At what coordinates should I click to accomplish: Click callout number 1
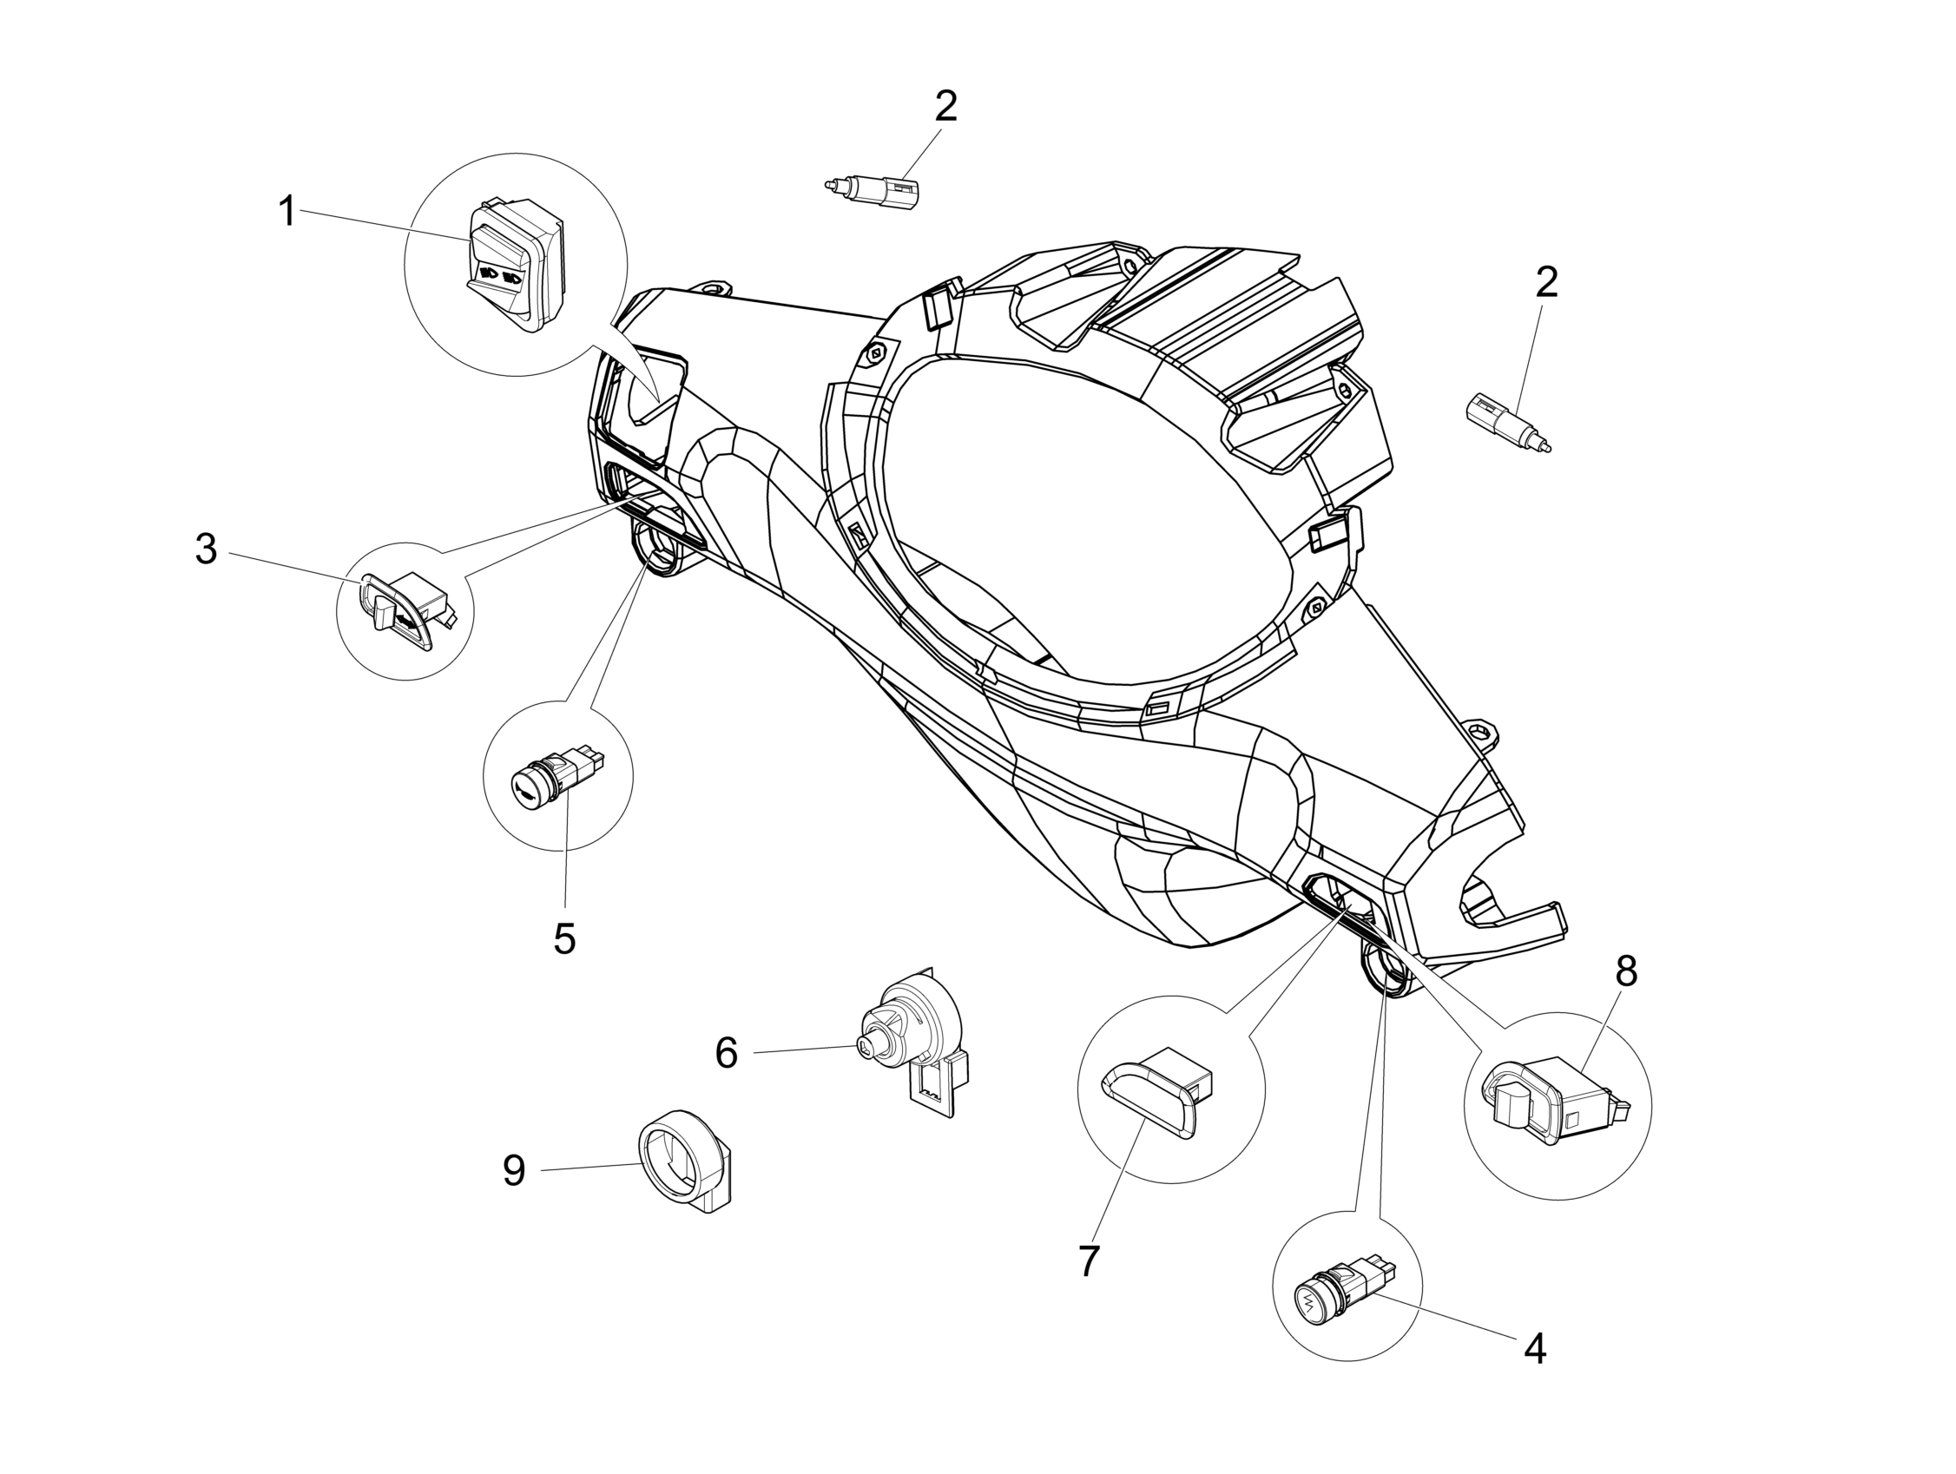tap(286, 212)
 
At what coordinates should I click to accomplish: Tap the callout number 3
tap(206, 549)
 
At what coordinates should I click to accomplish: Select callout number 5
tap(564, 939)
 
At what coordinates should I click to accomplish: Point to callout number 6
tap(726, 1053)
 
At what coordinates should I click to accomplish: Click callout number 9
tap(514, 1171)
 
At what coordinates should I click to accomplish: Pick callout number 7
tap(1089, 1262)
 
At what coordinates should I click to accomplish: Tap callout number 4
tap(1535, 1348)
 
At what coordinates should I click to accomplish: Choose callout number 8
tap(1626, 971)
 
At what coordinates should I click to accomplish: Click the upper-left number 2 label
tap(946, 107)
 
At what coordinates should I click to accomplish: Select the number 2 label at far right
tap(1546, 282)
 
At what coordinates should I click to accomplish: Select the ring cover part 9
tap(685, 1160)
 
